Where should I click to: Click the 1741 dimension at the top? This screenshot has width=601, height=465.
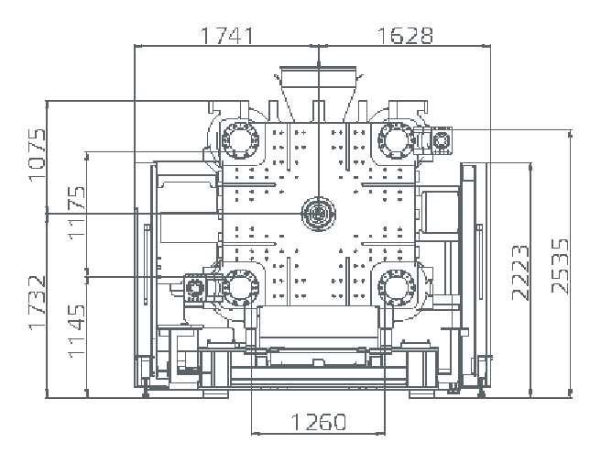[x=226, y=35]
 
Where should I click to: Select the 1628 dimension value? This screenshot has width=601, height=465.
[x=404, y=35]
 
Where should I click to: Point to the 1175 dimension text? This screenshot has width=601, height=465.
[x=77, y=213]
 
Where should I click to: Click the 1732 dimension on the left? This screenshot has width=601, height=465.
[x=38, y=303]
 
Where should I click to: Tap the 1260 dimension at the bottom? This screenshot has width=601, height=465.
[x=319, y=422]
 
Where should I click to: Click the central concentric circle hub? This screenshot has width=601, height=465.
[x=317, y=214]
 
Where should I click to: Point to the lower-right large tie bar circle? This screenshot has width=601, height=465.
[x=396, y=287]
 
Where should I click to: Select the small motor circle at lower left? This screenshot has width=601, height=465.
[x=195, y=289]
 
